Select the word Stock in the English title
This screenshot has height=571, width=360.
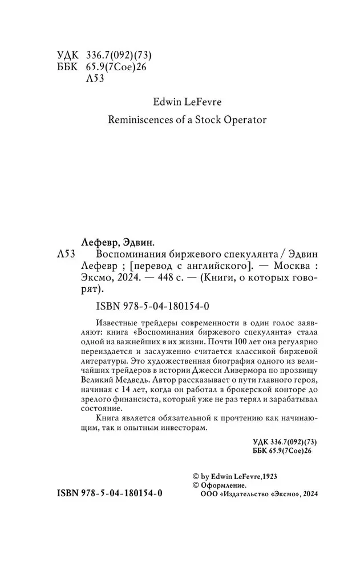click(197, 120)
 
